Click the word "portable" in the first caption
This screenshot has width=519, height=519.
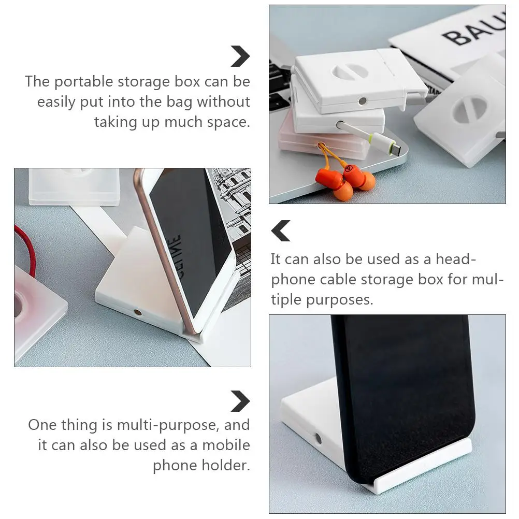coord(84,82)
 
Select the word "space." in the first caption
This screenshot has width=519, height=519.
coord(228,122)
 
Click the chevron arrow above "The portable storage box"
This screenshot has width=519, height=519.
coord(240,56)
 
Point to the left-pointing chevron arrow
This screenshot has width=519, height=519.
coord(281,230)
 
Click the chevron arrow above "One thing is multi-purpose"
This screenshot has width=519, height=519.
coord(240,401)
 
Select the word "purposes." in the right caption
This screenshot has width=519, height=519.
coord(339,300)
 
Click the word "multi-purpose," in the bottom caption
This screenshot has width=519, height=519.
coord(168,425)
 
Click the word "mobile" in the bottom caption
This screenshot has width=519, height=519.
coord(226,445)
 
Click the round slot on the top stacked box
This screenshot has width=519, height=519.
coord(350,71)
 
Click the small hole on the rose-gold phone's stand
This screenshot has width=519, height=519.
coord(137,312)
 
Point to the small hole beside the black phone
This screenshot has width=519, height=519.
coord(318,438)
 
